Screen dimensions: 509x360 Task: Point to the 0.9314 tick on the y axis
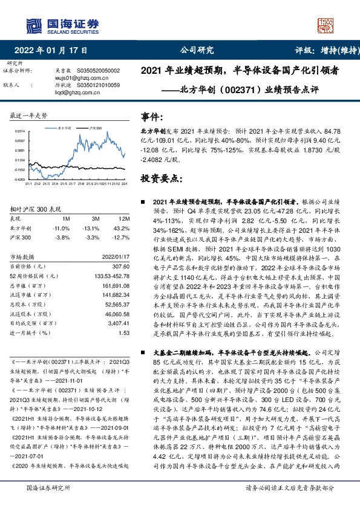[20, 131]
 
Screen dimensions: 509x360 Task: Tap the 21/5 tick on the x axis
[50, 184]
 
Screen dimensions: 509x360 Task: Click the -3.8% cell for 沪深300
[64, 238]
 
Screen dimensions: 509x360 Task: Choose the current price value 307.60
[121, 266]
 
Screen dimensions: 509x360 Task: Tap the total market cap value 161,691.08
[116, 285]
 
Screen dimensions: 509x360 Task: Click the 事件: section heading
[152, 117]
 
